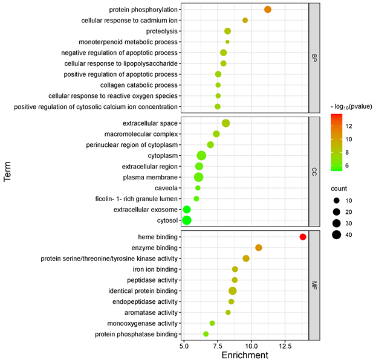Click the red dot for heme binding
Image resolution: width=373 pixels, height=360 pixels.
[x=303, y=237]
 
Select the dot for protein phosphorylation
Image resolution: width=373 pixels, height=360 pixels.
[x=268, y=9]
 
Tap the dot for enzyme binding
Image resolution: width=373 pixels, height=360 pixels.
[x=259, y=248]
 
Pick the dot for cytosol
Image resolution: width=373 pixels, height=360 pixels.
[x=187, y=220]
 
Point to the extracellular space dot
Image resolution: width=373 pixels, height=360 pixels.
[x=226, y=123]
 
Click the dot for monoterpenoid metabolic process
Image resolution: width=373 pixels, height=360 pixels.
[x=227, y=42]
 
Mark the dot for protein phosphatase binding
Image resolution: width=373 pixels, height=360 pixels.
[x=206, y=334]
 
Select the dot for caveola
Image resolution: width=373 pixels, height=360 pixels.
[x=198, y=188]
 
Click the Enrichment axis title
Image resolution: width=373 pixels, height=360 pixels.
[x=245, y=355]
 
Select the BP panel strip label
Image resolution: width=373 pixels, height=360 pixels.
[x=314, y=58]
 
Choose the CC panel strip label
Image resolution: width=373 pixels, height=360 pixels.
[x=314, y=172]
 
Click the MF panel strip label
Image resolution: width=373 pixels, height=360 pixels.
[x=314, y=285]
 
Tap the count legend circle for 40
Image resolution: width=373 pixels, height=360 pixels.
[x=336, y=235]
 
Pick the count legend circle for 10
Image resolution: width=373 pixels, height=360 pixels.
[x=336, y=200]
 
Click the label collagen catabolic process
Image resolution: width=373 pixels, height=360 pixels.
[x=139, y=85]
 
